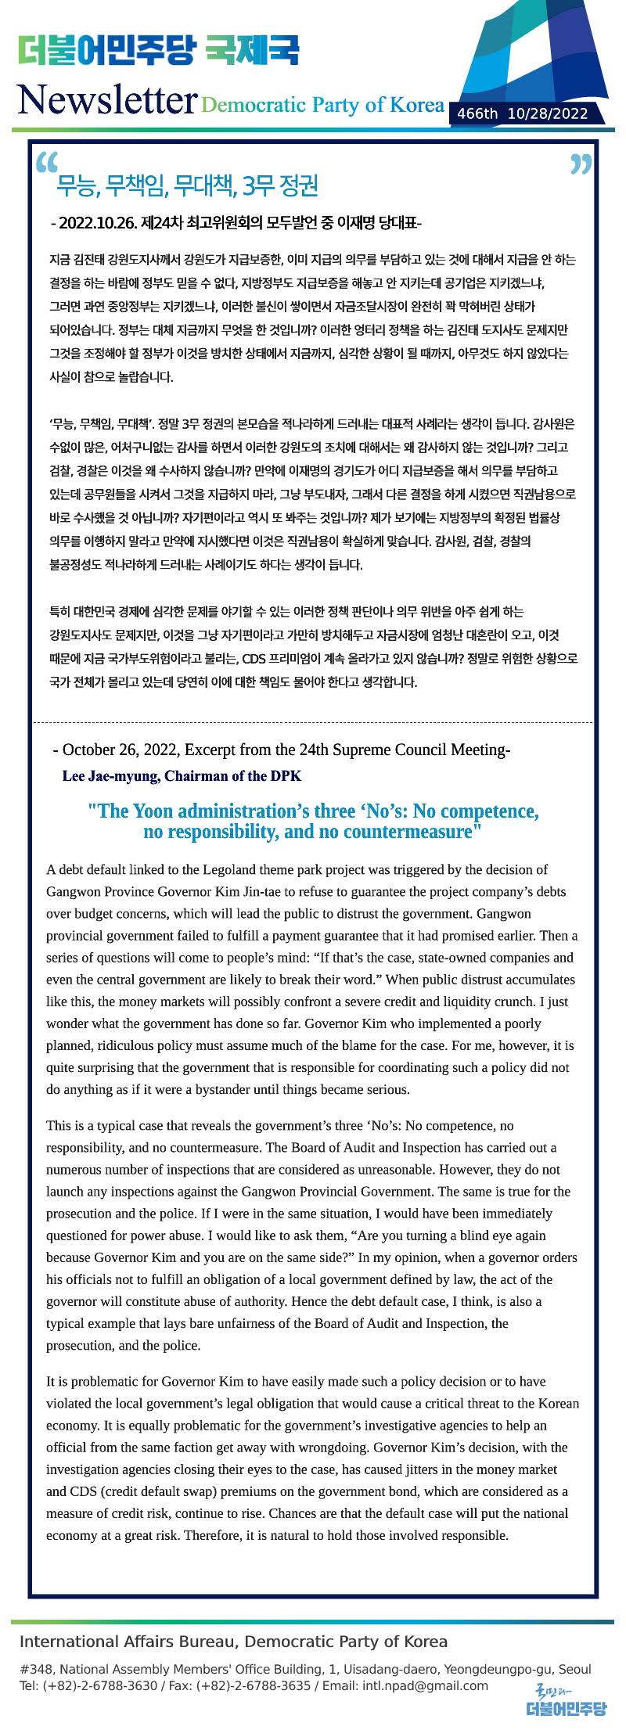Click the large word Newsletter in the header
pos(106,100)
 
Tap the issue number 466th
pos(477,114)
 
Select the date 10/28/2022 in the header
pos(548,114)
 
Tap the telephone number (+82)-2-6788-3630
pos(99,1685)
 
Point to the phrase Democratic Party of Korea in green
pos(322,105)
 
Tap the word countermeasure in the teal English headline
pos(407,832)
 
